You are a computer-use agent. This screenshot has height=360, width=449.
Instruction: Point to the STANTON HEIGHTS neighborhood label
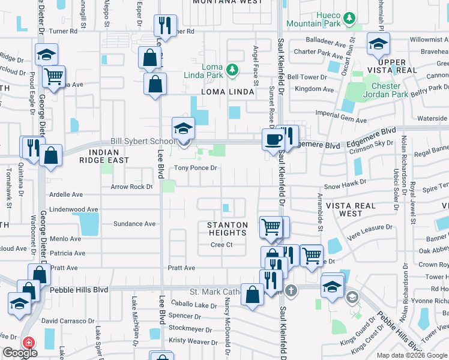coord(228,229)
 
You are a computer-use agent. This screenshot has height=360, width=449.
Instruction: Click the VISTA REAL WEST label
coord(351,209)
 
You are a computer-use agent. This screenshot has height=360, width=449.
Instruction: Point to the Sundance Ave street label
coord(134,224)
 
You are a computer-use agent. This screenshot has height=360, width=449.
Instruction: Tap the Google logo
coord(20,353)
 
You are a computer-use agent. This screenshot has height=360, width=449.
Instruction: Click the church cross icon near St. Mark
coord(291,290)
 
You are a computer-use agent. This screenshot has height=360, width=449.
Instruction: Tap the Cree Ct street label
coord(221,245)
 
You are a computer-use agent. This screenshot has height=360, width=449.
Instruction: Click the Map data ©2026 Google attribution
coord(411,355)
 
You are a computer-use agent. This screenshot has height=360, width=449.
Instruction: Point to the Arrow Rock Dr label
coord(131,187)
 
